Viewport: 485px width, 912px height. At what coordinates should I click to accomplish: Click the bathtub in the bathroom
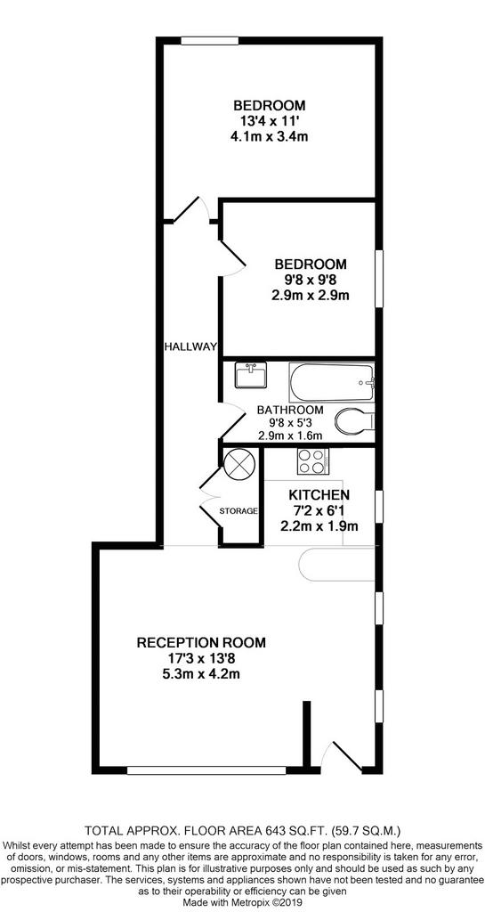pyautogui.click(x=331, y=382)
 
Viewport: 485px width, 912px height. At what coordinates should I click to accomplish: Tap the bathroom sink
pyautogui.click(x=252, y=375)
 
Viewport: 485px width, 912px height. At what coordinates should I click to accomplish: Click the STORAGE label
pyautogui.click(x=238, y=511)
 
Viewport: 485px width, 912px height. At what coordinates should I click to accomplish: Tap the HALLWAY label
pyautogui.click(x=190, y=347)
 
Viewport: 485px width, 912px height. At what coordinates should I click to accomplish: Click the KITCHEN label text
pyautogui.click(x=319, y=495)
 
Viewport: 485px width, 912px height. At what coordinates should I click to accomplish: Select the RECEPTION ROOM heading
pyautogui.click(x=201, y=643)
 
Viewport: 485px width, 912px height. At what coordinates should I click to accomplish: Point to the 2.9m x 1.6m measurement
pyautogui.click(x=290, y=436)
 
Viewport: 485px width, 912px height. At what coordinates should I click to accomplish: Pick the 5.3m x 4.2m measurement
pyautogui.click(x=201, y=675)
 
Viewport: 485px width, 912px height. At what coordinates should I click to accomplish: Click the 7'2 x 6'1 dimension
pyautogui.click(x=319, y=511)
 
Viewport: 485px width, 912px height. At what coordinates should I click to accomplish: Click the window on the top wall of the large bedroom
pyautogui.click(x=210, y=41)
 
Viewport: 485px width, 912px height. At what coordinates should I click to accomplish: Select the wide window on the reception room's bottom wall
pyautogui.click(x=206, y=770)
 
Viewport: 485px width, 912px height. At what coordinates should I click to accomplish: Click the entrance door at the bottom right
pyautogui.click(x=346, y=757)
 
